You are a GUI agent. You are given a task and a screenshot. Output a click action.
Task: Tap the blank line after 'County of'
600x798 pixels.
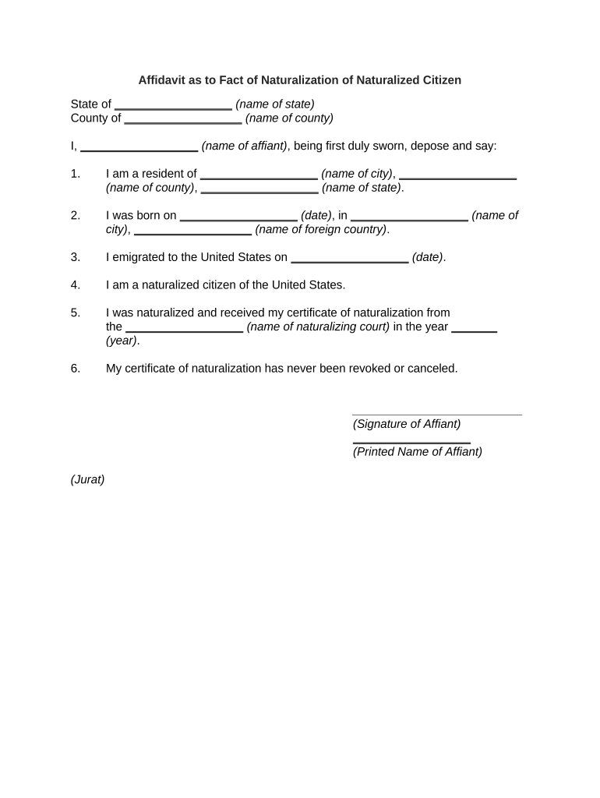point(183,122)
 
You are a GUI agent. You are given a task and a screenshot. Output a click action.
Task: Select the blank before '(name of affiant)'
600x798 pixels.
point(139,150)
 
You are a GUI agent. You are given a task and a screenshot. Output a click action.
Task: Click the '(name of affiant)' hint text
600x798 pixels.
point(245,146)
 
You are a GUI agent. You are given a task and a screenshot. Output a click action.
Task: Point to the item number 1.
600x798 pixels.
point(75,174)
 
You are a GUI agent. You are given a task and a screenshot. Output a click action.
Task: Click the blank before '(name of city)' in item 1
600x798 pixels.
point(259,178)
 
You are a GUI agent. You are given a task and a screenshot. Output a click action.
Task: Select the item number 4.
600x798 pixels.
point(75,284)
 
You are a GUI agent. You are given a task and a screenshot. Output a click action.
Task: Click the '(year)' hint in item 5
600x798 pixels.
point(122,341)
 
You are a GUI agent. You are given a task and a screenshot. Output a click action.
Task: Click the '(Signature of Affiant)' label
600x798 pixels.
point(407,424)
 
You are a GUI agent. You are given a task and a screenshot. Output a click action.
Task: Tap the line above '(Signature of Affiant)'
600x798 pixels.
point(436,415)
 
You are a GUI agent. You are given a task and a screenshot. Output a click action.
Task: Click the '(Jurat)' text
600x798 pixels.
point(87,480)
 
